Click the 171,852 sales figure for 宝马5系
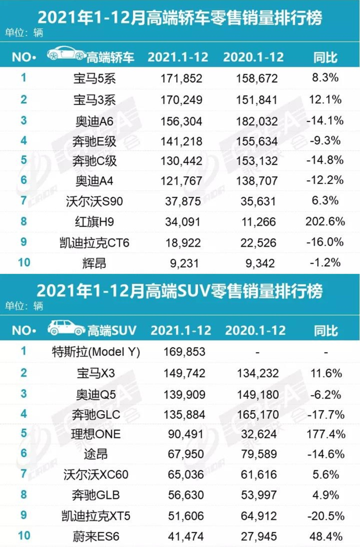181,79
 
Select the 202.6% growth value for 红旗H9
326,222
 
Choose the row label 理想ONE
95,435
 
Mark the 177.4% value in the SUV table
326,435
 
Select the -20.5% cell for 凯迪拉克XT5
326,516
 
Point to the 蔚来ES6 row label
95,536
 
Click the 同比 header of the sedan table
325,57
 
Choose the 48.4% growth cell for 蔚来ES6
326,536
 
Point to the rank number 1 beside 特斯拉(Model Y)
23,351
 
